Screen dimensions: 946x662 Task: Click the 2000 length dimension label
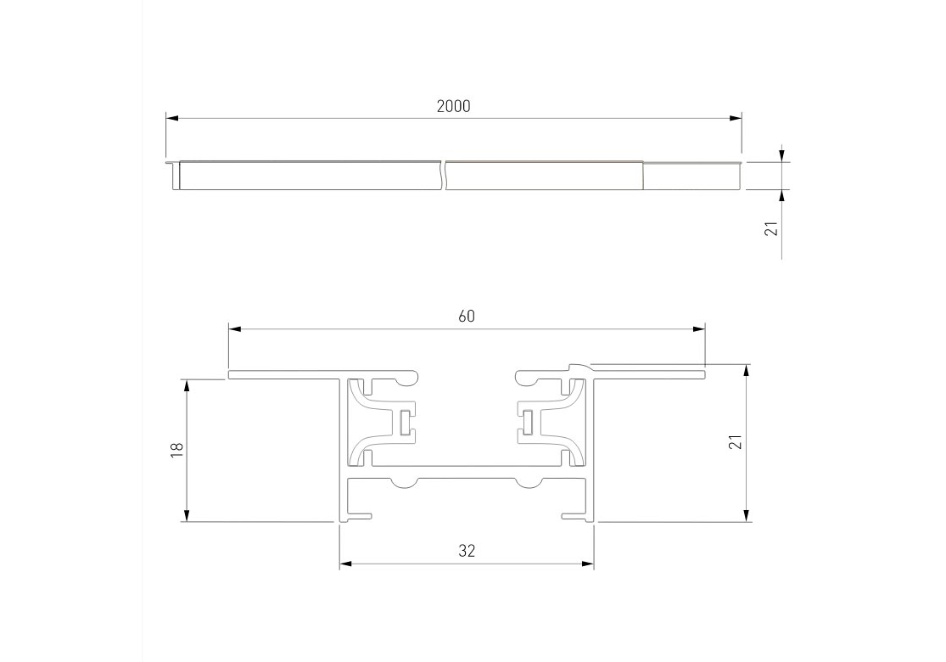pos(453,106)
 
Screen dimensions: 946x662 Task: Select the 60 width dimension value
pos(467,317)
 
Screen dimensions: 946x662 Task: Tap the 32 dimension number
pos(467,550)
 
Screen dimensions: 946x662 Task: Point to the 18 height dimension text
pos(176,450)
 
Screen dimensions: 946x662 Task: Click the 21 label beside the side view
pos(771,228)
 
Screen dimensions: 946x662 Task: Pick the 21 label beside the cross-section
pos(736,441)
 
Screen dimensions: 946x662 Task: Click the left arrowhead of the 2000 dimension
pos(172,118)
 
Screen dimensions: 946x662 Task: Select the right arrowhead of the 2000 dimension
pos(736,118)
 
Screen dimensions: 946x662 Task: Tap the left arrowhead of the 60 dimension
pos(235,329)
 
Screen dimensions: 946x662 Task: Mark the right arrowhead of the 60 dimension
pos(698,329)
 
